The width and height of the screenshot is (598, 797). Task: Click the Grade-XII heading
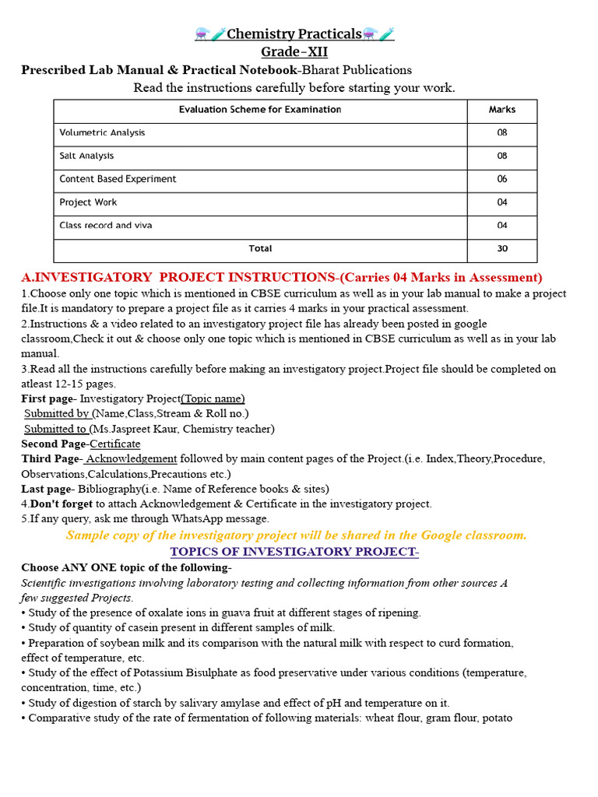(x=294, y=52)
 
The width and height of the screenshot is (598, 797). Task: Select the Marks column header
(x=501, y=110)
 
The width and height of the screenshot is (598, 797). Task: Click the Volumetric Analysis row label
(x=102, y=133)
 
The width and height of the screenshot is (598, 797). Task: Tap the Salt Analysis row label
(x=86, y=156)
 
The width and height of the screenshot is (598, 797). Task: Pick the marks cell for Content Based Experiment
(x=501, y=179)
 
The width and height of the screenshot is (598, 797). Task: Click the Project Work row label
(x=88, y=202)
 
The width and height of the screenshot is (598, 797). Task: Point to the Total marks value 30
(x=501, y=249)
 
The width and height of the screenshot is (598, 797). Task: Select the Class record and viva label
(x=106, y=226)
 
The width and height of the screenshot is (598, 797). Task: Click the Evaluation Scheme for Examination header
(x=260, y=110)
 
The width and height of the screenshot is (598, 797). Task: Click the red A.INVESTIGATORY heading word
(x=86, y=278)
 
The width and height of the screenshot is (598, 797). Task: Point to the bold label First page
(x=47, y=399)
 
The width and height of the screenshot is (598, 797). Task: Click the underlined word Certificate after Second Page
(x=115, y=444)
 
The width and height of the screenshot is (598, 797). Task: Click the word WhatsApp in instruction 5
(x=186, y=518)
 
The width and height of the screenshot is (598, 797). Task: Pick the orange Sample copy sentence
(x=296, y=535)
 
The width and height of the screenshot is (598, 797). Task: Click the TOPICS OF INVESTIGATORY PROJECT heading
(x=294, y=552)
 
